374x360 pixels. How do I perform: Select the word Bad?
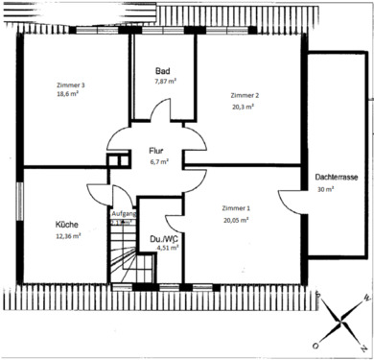click(x=163, y=72)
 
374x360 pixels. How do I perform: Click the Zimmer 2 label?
click(x=245, y=96)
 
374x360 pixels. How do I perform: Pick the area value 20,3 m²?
click(x=243, y=107)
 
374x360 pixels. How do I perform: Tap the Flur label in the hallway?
click(x=156, y=152)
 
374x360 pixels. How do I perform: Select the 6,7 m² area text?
click(x=158, y=162)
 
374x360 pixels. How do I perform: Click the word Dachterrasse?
click(x=337, y=179)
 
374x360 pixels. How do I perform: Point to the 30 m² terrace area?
click(x=326, y=190)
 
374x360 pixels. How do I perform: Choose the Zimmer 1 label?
click(x=236, y=208)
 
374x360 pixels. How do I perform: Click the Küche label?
click(x=67, y=225)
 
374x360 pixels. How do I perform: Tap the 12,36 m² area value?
click(x=68, y=235)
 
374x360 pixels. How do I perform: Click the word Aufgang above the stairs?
click(x=125, y=213)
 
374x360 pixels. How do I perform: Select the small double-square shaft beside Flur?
click(x=117, y=161)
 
